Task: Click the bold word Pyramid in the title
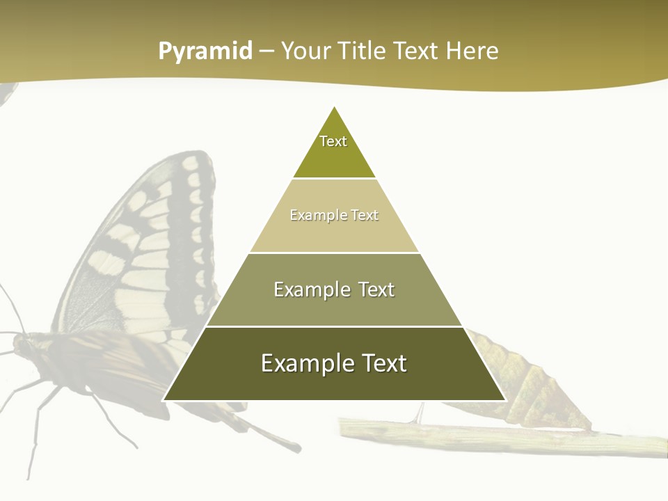pos(205,51)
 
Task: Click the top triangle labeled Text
pos(333,150)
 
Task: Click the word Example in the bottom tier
pos(304,364)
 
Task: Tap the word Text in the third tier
pos(376,290)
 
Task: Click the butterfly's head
pos(24,345)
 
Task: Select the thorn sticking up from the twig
pos(419,415)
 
